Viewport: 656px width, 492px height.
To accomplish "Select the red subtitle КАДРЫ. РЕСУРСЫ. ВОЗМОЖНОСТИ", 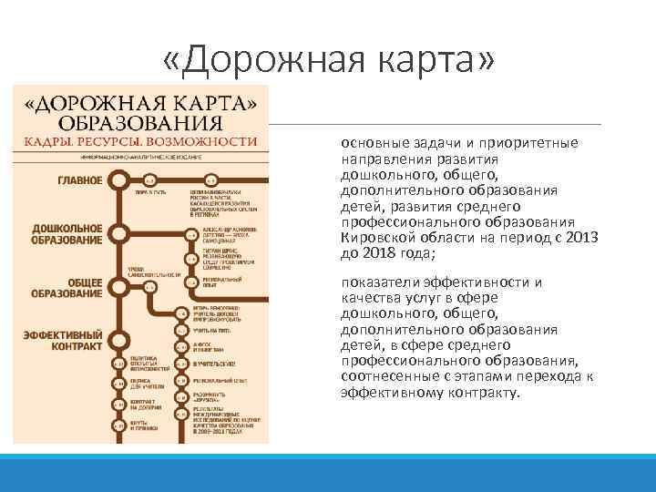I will pos(141,141).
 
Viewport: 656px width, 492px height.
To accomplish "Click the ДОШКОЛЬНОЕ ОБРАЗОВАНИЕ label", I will pos(67,234).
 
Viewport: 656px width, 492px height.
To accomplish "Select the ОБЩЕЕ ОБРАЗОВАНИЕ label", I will pos(67,288).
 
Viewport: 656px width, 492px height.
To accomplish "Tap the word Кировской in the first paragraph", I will pos(374,238).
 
